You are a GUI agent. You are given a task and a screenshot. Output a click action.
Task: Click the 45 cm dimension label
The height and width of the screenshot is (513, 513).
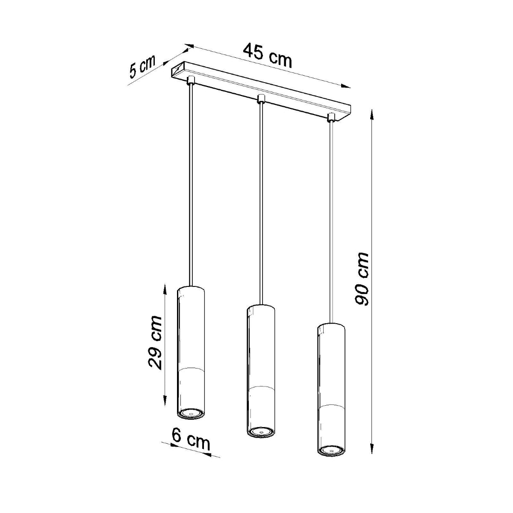click(268, 55)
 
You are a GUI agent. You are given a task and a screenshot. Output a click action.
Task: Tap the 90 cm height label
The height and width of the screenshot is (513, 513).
click(362, 279)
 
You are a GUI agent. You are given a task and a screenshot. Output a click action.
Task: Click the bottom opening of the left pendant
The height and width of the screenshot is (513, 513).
click(191, 413)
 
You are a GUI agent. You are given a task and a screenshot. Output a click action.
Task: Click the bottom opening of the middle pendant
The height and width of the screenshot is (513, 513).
click(260, 433)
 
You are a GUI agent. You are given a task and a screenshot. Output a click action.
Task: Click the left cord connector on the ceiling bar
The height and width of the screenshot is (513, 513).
click(191, 80)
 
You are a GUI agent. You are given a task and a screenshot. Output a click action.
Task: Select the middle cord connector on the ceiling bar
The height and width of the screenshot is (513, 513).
click(260, 100)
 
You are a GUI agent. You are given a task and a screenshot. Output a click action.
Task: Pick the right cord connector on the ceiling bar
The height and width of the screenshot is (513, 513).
click(330, 116)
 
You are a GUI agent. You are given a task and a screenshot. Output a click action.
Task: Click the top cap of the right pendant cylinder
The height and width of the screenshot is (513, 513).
click(330, 326)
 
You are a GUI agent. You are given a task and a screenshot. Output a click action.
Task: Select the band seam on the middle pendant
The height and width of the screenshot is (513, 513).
click(260, 387)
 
